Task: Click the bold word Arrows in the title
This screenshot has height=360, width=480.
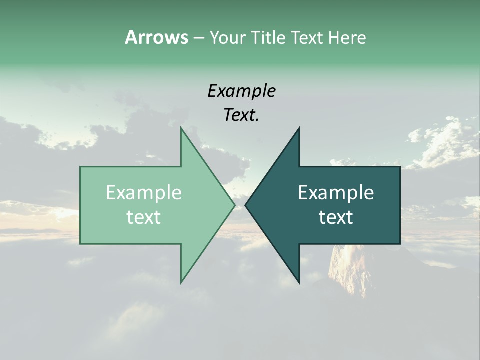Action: coord(156,37)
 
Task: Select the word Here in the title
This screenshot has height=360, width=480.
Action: coord(347,37)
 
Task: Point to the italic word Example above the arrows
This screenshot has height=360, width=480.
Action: coord(241,91)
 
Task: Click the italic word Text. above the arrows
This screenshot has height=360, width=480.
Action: coord(241,115)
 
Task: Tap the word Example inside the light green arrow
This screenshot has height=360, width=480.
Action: coord(143,193)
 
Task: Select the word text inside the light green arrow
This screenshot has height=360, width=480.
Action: coord(143,217)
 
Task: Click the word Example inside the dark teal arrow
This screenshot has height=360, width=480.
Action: coord(336,193)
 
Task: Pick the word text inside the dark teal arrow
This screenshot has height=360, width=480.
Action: coord(336,217)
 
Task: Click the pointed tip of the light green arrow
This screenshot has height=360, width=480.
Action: coord(234,205)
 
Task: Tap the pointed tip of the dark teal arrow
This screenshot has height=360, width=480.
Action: coord(245,205)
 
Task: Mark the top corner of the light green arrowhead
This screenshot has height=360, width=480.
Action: coord(181,128)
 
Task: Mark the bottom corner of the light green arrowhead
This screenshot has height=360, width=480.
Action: coord(181,282)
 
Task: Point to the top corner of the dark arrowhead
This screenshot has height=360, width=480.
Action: coord(299,128)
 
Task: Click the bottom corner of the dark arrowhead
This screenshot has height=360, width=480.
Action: coord(299,282)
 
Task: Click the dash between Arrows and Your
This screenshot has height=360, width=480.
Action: coord(198,37)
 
